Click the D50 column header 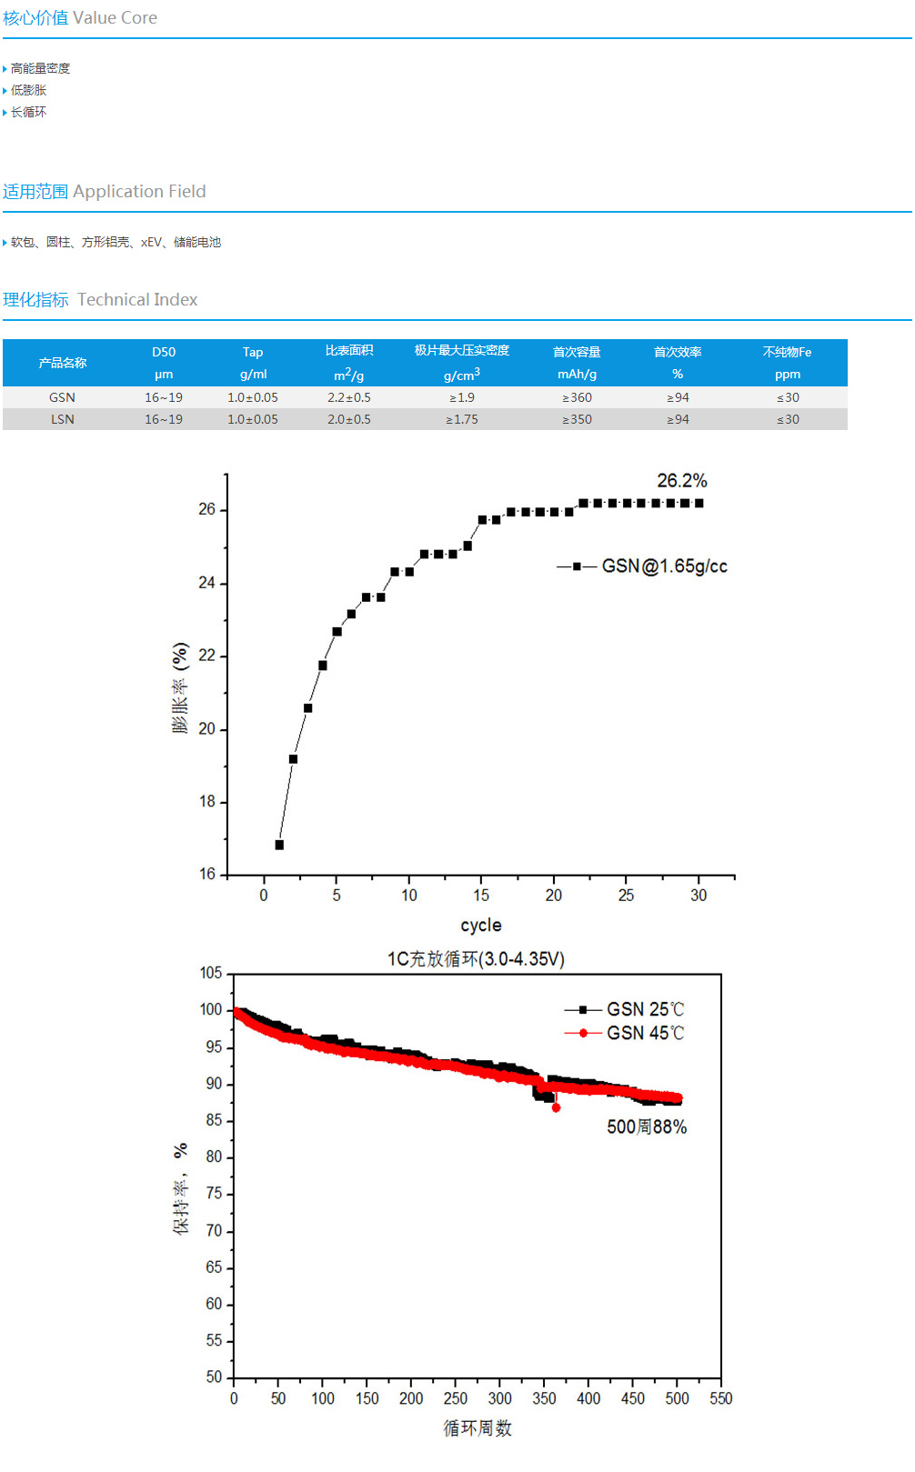pyautogui.click(x=164, y=353)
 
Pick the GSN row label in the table pyautogui.click(x=62, y=397)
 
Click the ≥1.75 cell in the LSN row pyautogui.click(x=461, y=419)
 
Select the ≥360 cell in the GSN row pyautogui.click(x=577, y=397)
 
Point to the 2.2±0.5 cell pyautogui.click(x=349, y=397)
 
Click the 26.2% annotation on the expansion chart pyautogui.click(x=681, y=481)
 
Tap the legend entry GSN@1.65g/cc pyautogui.click(x=664, y=566)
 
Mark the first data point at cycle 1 pyautogui.click(x=279, y=845)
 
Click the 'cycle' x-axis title pyautogui.click(x=480, y=925)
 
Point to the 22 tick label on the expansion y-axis pyautogui.click(x=207, y=656)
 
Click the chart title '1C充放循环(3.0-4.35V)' pyautogui.click(x=476, y=959)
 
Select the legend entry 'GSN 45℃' pyautogui.click(x=645, y=1033)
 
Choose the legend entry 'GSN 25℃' pyautogui.click(x=645, y=1009)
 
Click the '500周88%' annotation pyautogui.click(x=647, y=1127)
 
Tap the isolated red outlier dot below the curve pyautogui.click(x=556, y=1107)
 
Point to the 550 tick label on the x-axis pyautogui.click(x=720, y=1398)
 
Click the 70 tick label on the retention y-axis pyautogui.click(x=214, y=1230)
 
